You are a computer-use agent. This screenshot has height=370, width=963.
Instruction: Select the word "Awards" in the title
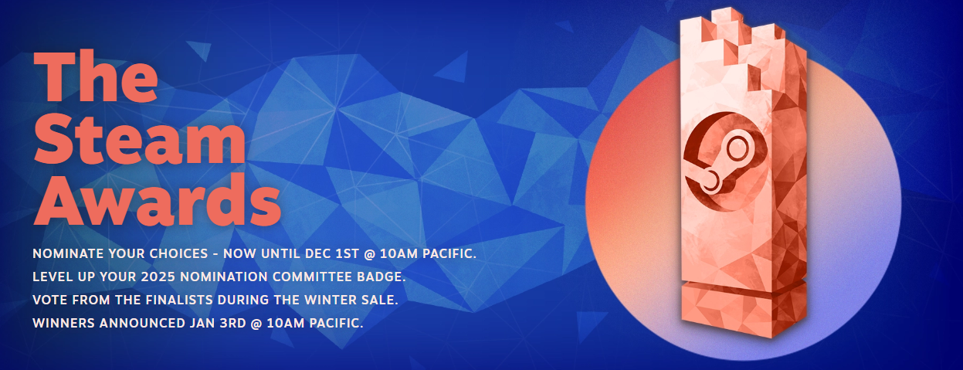158,200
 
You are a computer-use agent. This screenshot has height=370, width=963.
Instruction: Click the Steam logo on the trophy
725,161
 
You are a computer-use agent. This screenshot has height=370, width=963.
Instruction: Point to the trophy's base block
744,307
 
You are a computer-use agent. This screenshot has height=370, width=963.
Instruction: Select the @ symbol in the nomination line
369,254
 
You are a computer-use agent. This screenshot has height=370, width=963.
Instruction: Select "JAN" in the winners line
202,323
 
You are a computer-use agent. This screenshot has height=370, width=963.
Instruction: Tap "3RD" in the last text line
232,323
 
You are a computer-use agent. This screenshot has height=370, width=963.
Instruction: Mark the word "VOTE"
50,300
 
